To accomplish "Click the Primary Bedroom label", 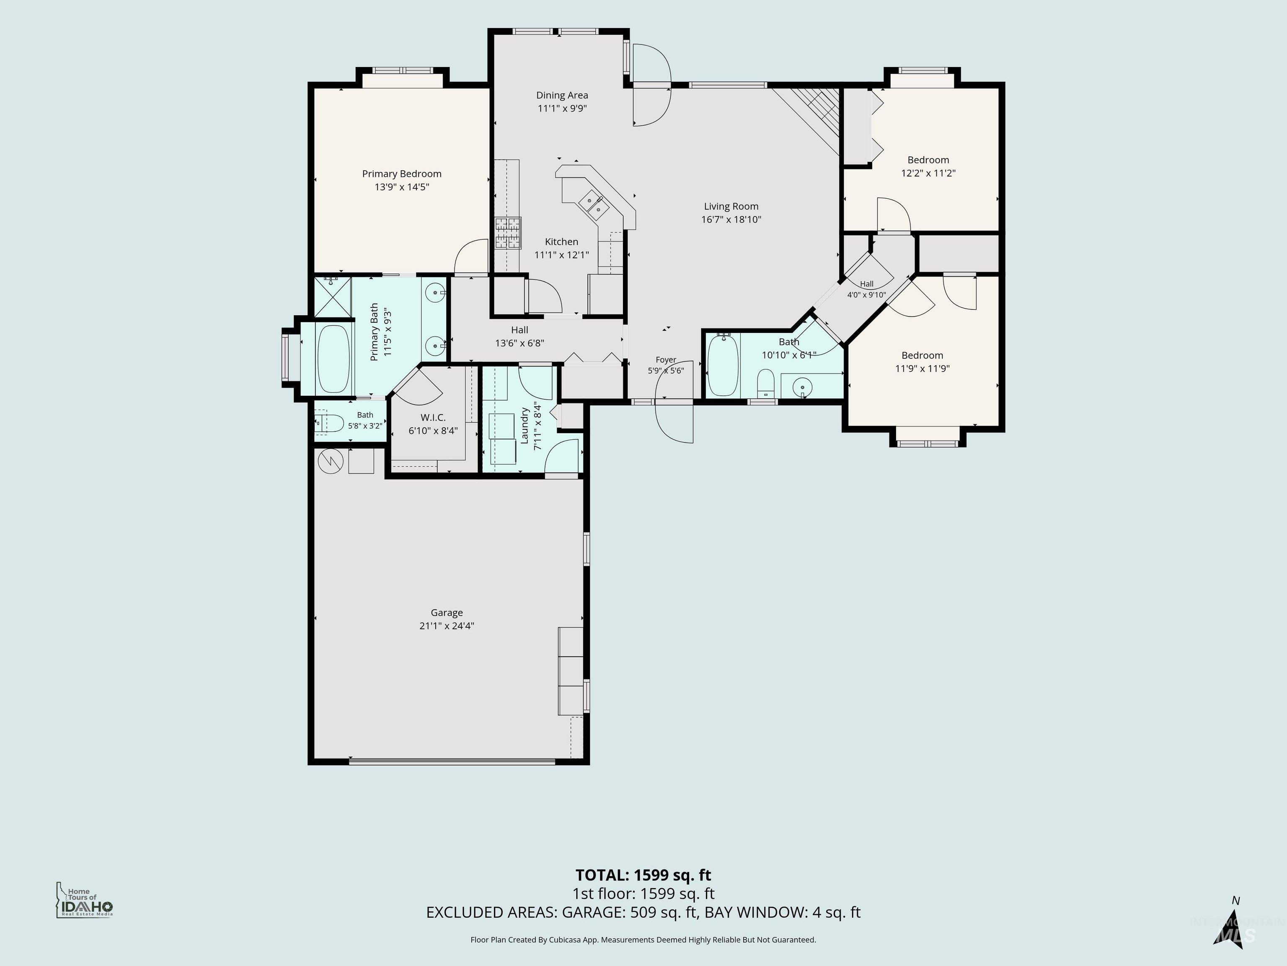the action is [401, 174].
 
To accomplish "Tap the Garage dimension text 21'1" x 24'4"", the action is [447, 626].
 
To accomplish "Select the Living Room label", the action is [731, 206].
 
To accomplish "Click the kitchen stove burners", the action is [508, 233].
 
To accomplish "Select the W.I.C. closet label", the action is [433, 418].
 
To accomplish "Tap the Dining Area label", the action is [562, 95].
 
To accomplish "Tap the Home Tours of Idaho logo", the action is [84, 900].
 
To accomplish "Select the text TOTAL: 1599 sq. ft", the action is [643, 875].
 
